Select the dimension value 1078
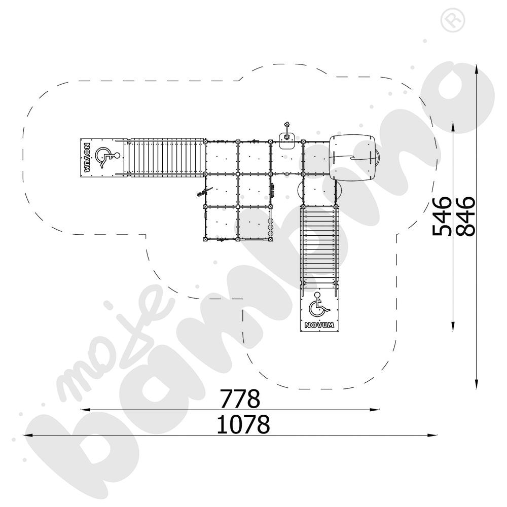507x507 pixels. point(243,425)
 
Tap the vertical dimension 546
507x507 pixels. point(442,216)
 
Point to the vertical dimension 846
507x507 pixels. point(465,216)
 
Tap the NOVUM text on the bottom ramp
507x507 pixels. point(319,325)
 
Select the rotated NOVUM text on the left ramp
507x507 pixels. point(87,158)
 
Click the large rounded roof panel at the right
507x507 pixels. point(353,157)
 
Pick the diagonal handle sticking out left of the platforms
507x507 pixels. point(201,193)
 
